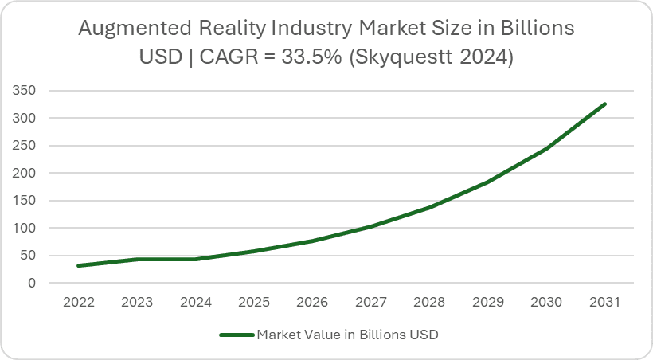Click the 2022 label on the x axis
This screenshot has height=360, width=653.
[x=80, y=303]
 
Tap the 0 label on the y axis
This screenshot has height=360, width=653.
[x=33, y=283]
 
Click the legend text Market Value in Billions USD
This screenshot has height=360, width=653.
[x=347, y=335]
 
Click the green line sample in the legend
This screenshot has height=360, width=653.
[x=236, y=335]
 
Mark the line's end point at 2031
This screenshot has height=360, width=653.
[x=605, y=104]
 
